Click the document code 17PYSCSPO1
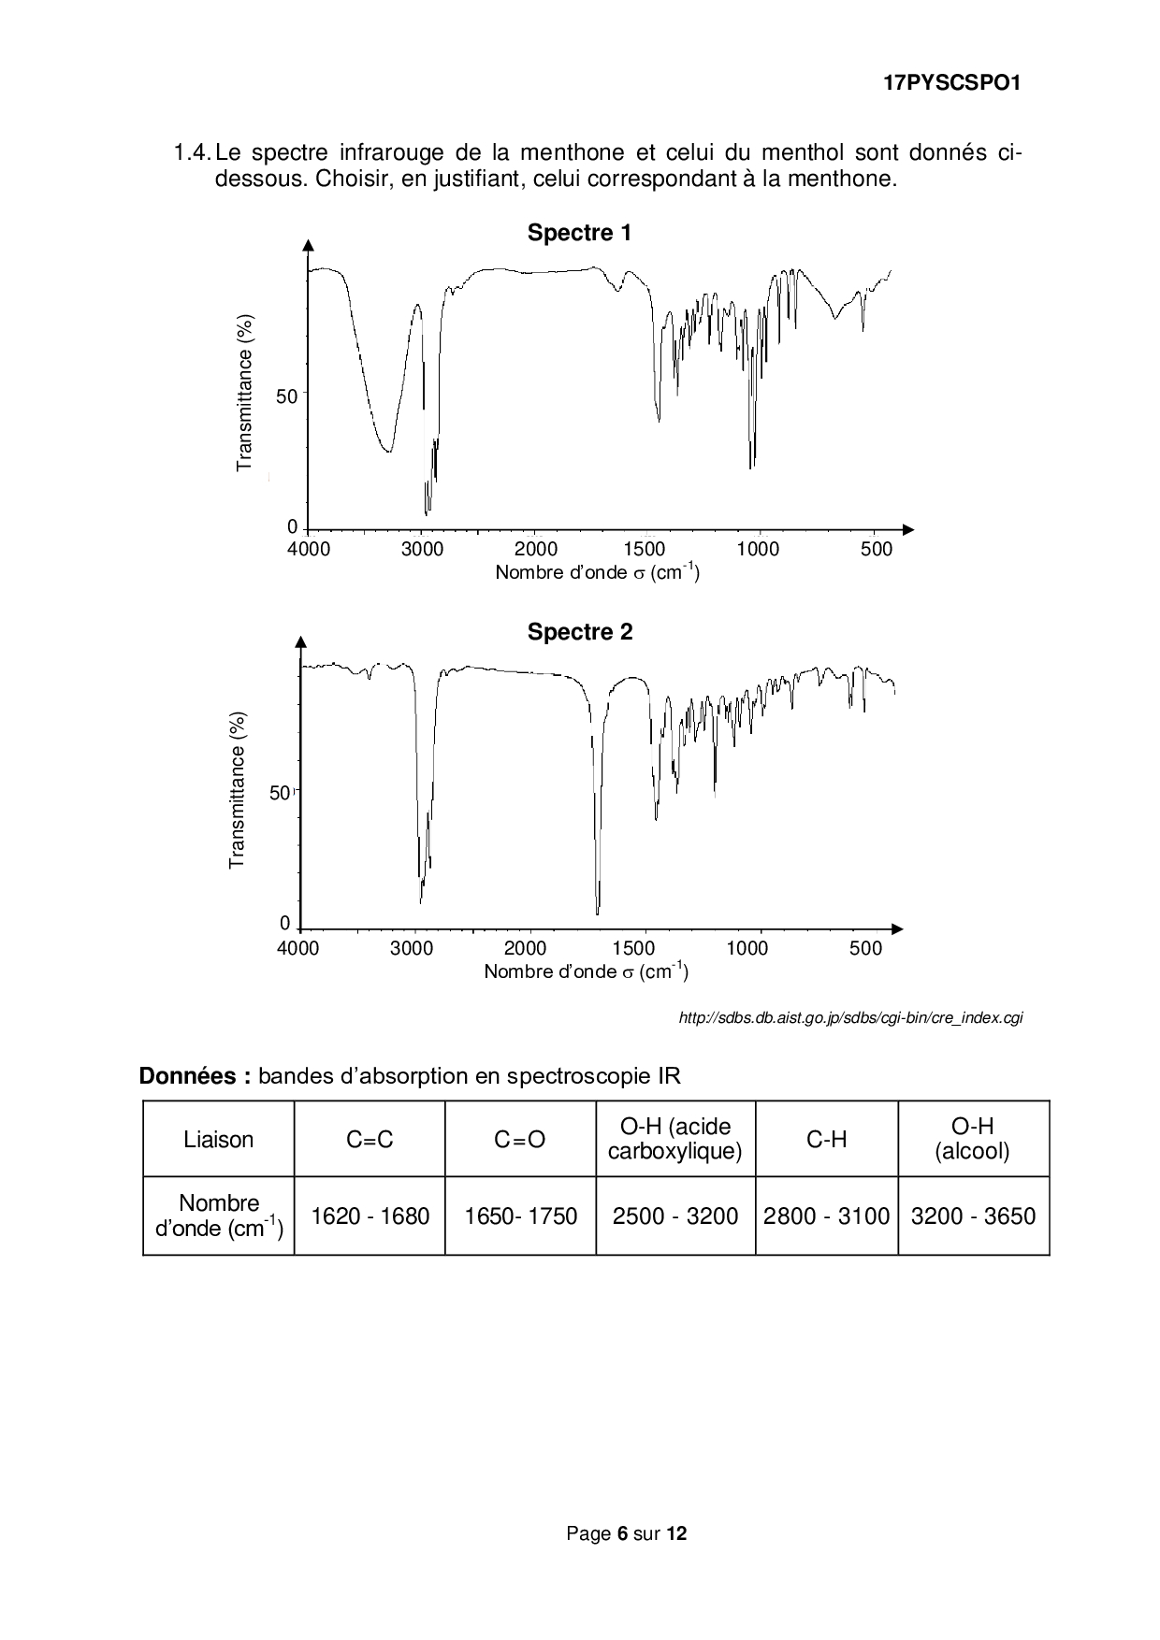[950, 82]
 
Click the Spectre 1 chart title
[579, 232]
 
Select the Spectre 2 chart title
[580, 631]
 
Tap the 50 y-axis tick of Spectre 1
[286, 396]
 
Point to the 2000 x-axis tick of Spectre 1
[536, 549]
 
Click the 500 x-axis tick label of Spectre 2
[866, 948]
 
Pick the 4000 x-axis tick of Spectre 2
[298, 948]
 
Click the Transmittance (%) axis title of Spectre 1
[245, 392]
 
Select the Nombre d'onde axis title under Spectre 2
[587, 971]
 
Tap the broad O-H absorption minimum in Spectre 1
[388, 452]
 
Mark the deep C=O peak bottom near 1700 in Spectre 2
[598, 912]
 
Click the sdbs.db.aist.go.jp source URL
[850, 1017]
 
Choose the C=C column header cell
[370, 1139]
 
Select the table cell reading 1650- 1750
[521, 1216]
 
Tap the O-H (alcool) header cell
[973, 1139]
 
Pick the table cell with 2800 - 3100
[827, 1216]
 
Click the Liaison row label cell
[219, 1139]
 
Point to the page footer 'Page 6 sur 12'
[627, 1533]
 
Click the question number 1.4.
[192, 152]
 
